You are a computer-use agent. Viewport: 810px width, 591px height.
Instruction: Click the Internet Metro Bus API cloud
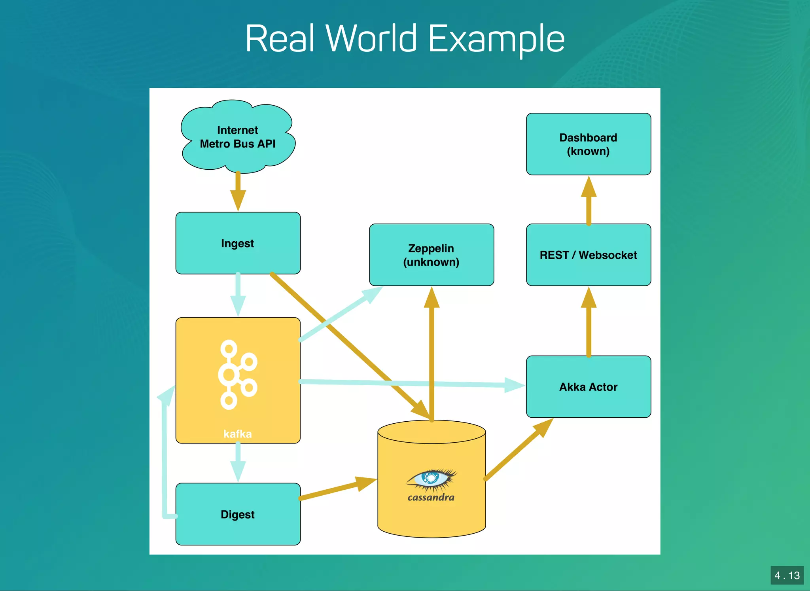pos(238,136)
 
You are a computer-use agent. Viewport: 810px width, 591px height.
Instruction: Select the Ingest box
pos(238,243)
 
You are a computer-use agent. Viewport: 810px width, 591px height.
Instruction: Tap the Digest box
pos(238,514)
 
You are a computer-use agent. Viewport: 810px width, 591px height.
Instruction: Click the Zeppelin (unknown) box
pos(431,255)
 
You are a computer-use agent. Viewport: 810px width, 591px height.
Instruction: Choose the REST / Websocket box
pos(588,255)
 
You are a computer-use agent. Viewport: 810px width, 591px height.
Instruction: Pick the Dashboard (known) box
pos(588,144)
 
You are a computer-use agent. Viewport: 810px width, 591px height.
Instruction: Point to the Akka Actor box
pos(588,386)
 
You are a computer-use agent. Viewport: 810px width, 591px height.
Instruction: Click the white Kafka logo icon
pos(237,374)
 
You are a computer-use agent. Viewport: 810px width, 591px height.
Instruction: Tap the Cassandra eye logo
pos(431,479)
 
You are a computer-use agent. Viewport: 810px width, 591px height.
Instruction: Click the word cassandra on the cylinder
pos(431,498)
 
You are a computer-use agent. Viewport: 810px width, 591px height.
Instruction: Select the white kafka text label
pos(237,434)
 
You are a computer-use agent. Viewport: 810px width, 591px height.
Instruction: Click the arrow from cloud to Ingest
pos(238,191)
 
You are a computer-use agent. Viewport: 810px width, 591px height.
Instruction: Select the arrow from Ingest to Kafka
pos(238,295)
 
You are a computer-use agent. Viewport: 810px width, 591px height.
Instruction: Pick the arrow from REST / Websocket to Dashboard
pos(589,201)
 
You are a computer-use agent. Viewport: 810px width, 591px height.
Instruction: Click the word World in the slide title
pos(371,39)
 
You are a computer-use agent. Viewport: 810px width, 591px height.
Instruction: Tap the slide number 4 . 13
pos(787,575)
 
